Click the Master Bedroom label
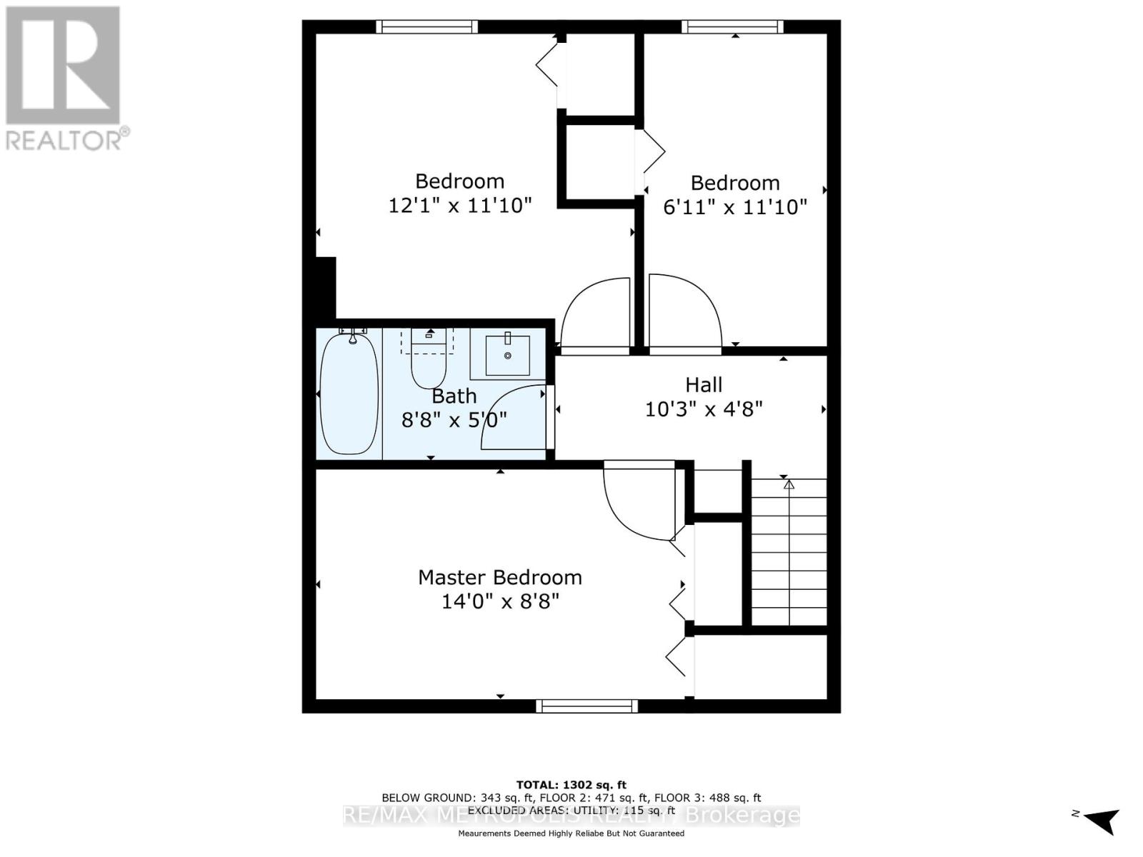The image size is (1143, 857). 499,577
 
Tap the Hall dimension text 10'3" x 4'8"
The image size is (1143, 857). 704,409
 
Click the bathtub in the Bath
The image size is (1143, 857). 349,394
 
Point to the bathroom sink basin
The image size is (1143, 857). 508,355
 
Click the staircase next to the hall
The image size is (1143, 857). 789,553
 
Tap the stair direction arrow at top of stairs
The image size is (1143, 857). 789,484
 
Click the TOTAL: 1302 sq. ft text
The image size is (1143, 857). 571,785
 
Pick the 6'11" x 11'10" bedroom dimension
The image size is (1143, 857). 735,207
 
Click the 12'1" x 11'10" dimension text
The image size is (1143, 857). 460,206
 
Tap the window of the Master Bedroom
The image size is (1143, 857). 587,706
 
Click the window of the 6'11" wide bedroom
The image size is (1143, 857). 732,27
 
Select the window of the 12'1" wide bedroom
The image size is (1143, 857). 427,27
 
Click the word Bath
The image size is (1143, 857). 454,395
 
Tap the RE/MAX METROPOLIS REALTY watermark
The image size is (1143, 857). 571,815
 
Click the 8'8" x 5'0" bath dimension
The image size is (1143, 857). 454,419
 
